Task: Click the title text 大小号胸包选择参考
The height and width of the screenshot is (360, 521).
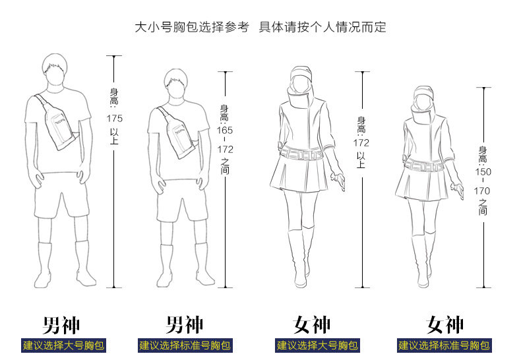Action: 191,27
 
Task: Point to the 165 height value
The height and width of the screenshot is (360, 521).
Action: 226,130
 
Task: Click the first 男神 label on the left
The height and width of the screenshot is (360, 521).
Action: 61,325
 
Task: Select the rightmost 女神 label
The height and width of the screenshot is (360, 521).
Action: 445,325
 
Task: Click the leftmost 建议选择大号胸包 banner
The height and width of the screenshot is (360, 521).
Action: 63,345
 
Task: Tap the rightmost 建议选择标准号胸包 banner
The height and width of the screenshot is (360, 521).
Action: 444,345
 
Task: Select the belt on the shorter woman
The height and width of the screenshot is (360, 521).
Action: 423,164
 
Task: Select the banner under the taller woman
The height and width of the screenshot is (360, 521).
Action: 317,345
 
